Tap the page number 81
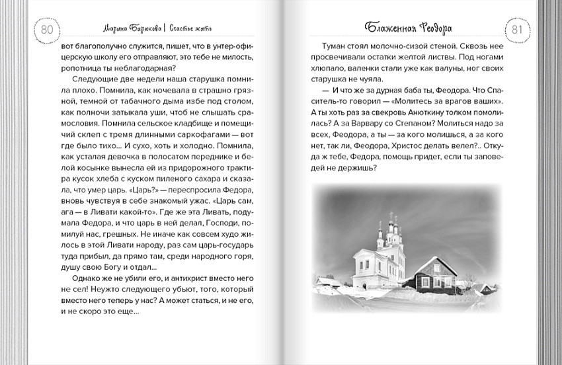tap(516, 30)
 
